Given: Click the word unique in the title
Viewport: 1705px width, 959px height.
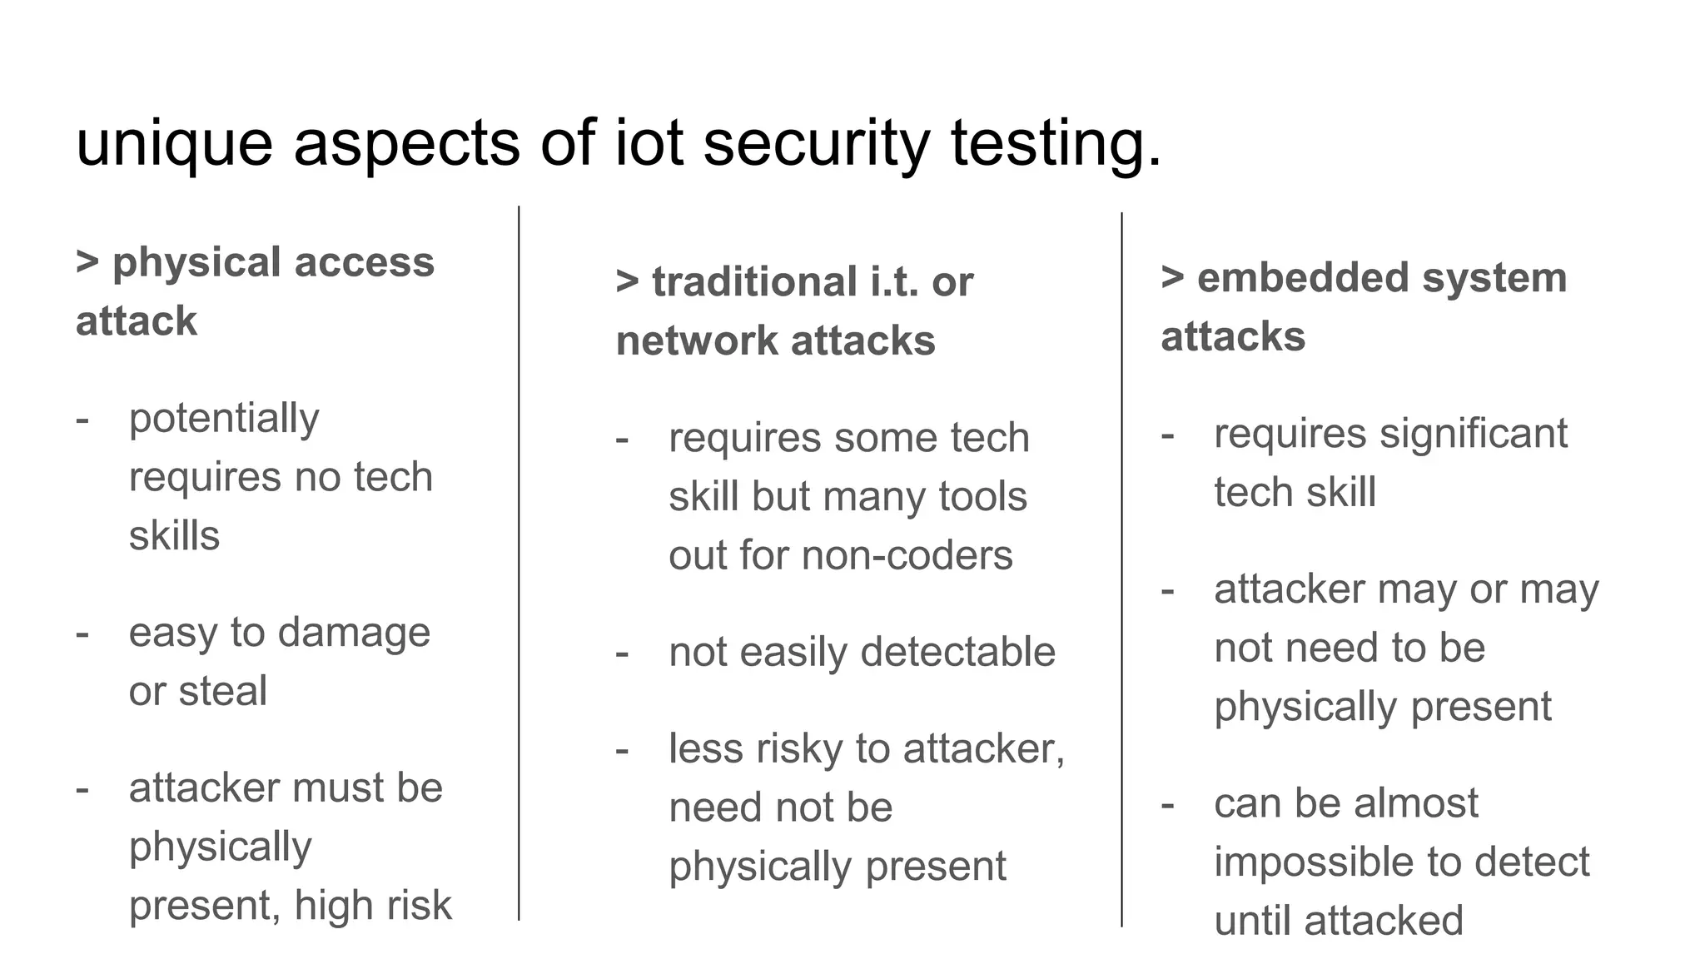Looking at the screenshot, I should click(x=174, y=143).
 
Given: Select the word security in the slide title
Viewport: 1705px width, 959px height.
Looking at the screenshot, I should click(x=816, y=143).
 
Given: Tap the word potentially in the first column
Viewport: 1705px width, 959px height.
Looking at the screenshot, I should click(x=224, y=419).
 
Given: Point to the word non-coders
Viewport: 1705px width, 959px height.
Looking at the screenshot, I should click(x=907, y=555).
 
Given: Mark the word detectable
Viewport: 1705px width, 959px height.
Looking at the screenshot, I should click(x=957, y=652).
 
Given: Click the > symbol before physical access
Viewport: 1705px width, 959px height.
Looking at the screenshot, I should click(x=87, y=262).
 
